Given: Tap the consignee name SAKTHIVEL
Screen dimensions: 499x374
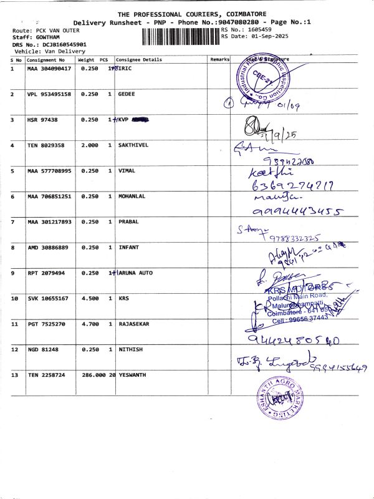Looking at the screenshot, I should tap(133, 145).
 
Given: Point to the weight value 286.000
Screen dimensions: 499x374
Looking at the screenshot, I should tap(94, 375).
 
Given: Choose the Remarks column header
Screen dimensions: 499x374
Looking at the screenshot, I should tap(219, 60).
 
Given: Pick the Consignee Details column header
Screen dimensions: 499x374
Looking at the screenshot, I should tap(139, 60).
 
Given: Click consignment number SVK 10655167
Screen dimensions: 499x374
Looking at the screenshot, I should tap(49, 298).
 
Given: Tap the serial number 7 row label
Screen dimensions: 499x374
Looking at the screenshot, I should tap(12, 221).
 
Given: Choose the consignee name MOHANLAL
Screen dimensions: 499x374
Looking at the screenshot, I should tap(133, 196).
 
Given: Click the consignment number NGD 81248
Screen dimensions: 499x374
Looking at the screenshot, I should tap(43, 349).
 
